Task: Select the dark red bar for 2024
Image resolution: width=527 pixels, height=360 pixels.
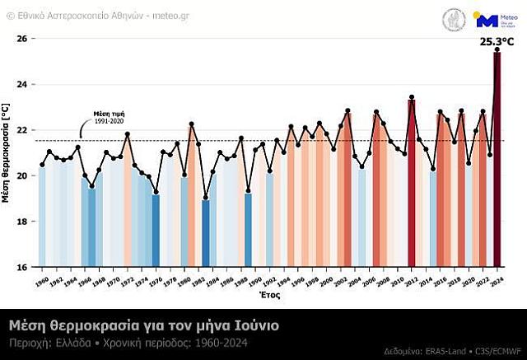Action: [497, 165]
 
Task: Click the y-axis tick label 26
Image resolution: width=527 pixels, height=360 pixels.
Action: [22, 39]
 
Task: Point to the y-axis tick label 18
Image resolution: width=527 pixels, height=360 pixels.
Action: [22, 221]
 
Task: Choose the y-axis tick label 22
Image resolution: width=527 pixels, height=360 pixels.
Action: [22, 130]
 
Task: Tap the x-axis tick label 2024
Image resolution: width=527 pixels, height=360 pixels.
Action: [497, 281]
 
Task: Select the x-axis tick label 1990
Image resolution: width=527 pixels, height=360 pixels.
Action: [255, 281]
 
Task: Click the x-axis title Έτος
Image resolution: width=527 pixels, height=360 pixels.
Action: [269, 295]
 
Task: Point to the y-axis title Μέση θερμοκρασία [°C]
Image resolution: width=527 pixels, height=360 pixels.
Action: [7, 152]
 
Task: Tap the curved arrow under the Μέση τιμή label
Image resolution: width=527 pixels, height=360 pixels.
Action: [82, 129]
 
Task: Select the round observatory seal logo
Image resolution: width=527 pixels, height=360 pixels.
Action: [454, 20]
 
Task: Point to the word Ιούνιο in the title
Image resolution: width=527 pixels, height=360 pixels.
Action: [255, 325]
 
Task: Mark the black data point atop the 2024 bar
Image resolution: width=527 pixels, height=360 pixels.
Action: [497, 49]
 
